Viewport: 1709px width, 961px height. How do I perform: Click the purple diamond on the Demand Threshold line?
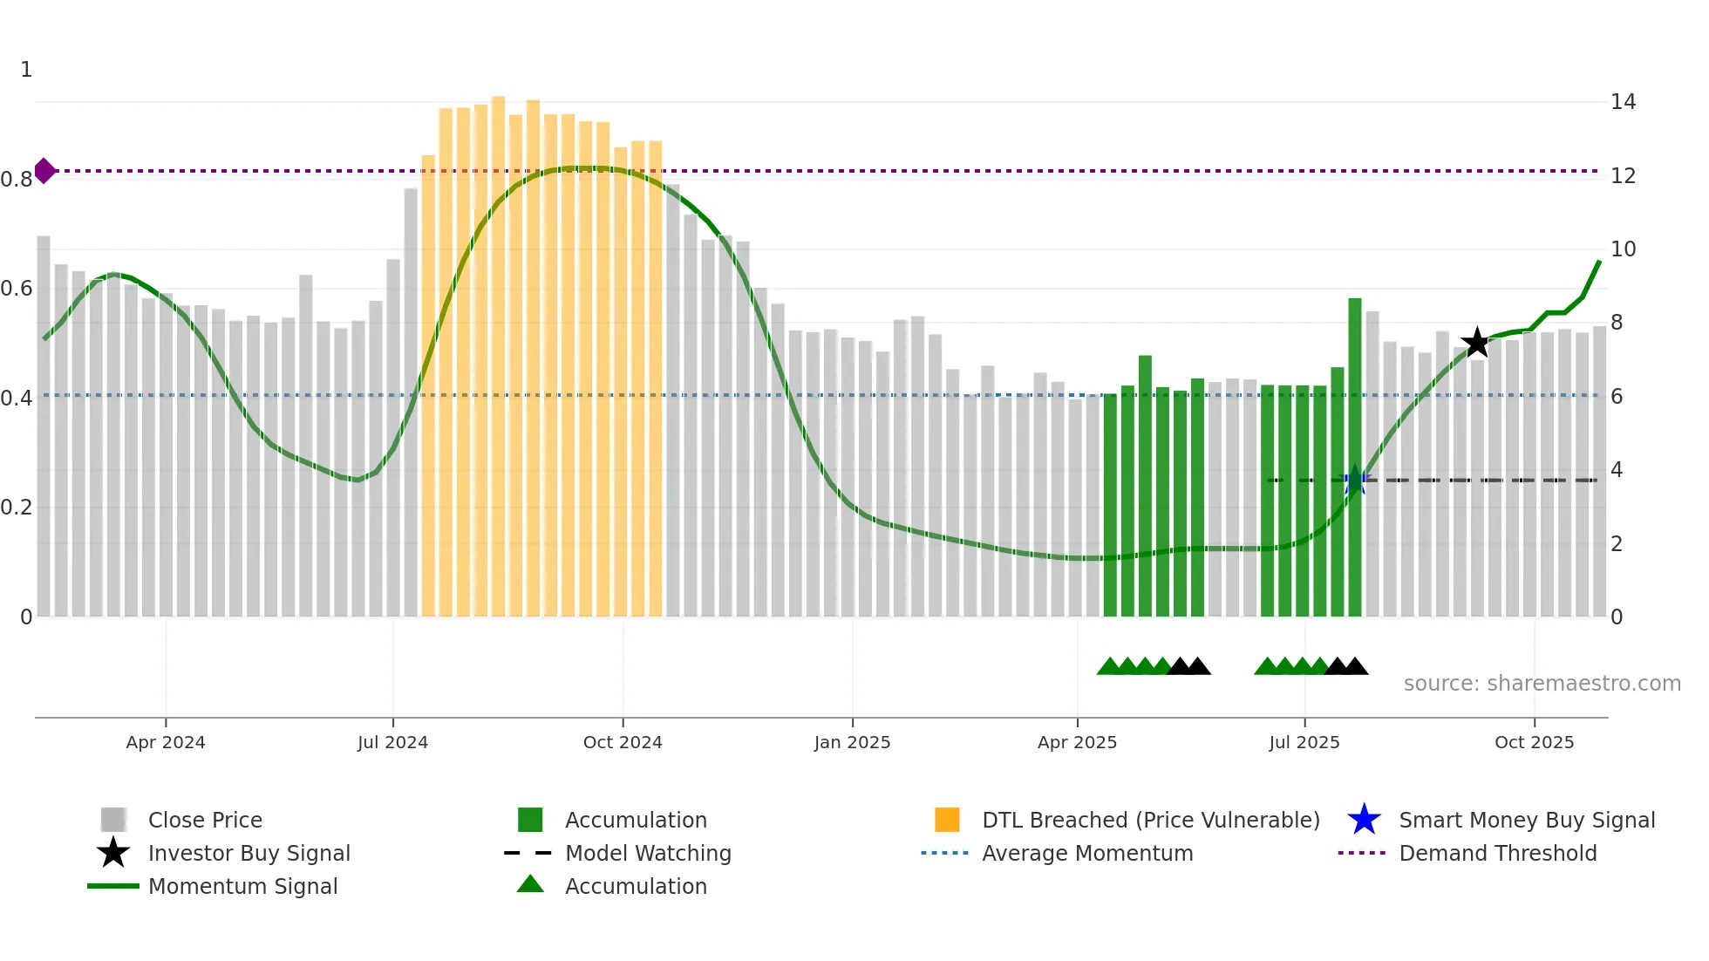click(x=44, y=171)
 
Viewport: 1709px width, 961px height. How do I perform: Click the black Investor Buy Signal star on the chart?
click(x=1476, y=343)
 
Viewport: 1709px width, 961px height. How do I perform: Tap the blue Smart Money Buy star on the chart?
click(x=1355, y=481)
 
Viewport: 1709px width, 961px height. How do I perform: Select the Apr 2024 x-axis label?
click(x=166, y=742)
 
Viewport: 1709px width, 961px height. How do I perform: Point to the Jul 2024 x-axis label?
click(x=392, y=742)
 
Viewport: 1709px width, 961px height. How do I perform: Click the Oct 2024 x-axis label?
click(x=623, y=742)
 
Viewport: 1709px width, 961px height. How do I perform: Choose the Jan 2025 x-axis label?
click(x=852, y=742)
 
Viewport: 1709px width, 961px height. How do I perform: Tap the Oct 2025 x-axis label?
click(x=1534, y=742)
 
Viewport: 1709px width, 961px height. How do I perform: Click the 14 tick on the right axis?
click(x=1623, y=102)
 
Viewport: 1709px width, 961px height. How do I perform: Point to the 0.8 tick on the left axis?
click(x=17, y=180)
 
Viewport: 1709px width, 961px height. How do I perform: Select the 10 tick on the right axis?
click(x=1623, y=249)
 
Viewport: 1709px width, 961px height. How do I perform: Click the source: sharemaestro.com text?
click(x=1542, y=684)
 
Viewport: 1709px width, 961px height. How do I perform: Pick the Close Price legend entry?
click(x=205, y=820)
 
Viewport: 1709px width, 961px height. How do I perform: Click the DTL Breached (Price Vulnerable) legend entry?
click(x=1150, y=820)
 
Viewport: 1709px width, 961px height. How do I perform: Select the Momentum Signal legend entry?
click(x=242, y=886)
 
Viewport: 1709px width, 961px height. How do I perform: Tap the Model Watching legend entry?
click(x=648, y=853)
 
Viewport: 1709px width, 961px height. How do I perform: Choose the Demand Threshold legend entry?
click(x=1497, y=853)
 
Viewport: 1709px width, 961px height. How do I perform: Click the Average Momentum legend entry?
click(x=1087, y=853)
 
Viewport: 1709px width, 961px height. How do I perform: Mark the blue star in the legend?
click(x=1364, y=820)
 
